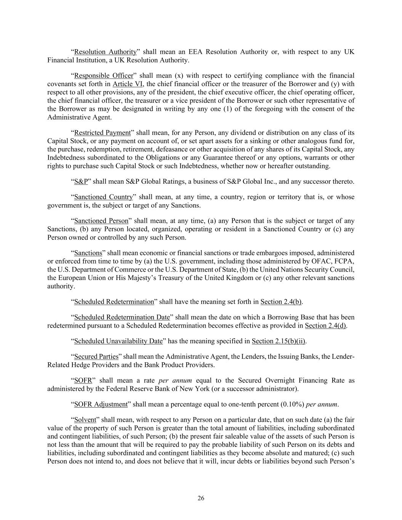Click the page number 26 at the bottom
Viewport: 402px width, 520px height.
tap(201, 498)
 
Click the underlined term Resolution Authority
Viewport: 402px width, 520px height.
tap(105, 52)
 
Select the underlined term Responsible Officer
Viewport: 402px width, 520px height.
tap(104, 75)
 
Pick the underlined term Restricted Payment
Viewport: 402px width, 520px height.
tap(102, 133)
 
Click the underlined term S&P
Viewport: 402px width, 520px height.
tap(81, 181)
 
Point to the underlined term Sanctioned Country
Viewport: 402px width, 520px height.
tap(103, 197)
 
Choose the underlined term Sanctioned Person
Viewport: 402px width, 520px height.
tap(101, 221)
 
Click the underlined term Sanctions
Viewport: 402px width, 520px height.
tap(88, 253)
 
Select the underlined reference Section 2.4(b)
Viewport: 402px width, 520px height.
tap(281, 302)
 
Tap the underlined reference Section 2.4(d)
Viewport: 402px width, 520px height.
tap(325, 326)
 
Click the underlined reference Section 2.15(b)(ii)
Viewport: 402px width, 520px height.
tap(279, 341)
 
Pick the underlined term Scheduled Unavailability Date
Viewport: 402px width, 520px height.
tap(118, 341)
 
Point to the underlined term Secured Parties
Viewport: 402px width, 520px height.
tap(96, 357)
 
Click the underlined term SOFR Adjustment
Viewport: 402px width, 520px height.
tap(101, 404)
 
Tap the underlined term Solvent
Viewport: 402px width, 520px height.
tap(85, 420)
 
